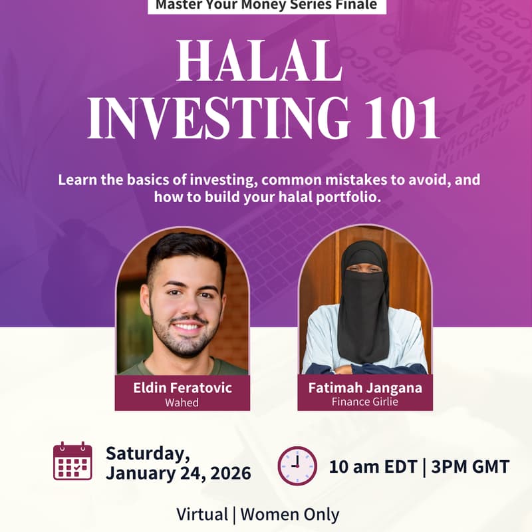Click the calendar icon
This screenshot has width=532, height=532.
[72, 461]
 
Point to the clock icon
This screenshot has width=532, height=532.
[297, 465]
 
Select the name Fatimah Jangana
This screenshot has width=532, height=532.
[365, 388]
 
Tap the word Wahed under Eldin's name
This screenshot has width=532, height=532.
[182, 402]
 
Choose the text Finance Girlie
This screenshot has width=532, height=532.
[365, 402]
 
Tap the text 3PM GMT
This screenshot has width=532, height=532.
[470, 465]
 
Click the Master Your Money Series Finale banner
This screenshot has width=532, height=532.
[266, 5]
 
